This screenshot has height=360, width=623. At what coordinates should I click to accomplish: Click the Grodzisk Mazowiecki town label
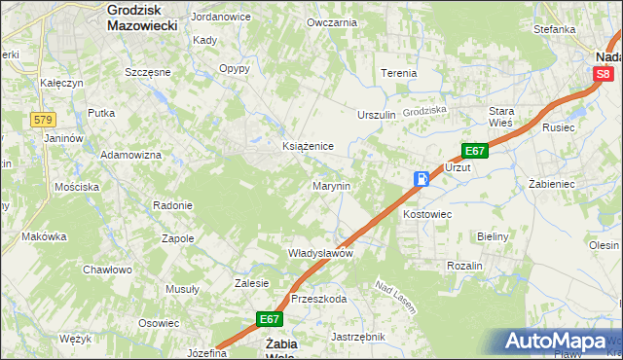pos(142,18)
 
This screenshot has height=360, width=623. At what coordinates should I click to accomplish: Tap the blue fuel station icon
pos(421,179)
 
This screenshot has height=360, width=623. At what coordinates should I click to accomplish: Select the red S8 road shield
pos(605,74)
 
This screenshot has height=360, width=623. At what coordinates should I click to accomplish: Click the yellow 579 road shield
pos(43,119)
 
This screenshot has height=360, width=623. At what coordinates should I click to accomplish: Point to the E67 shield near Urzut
pos(474,151)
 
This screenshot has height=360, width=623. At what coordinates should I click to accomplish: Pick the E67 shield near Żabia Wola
pos(270,319)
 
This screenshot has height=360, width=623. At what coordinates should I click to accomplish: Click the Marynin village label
pos(331,185)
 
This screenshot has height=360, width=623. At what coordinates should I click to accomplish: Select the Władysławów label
pos(319,253)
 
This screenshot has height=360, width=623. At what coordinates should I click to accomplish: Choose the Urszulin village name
pos(377,115)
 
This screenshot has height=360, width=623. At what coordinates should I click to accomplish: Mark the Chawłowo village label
pos(107,270)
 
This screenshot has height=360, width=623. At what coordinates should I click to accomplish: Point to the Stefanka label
pos(554,29)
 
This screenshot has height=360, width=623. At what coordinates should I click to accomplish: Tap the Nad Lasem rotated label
pos(396,298)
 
